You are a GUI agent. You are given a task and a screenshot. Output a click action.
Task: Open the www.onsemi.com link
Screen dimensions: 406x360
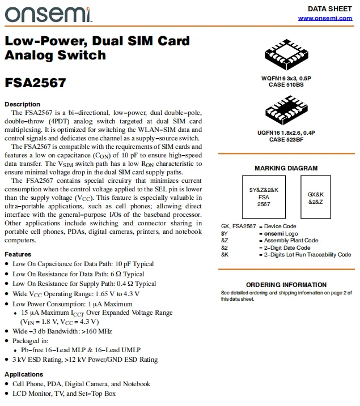pyautogui.click(x=325, y=18)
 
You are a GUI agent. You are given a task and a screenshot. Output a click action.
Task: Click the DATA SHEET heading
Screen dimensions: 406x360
pyautogui.click(x=329, y=8)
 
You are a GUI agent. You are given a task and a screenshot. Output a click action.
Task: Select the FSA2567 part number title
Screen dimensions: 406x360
pyautogui.click(x=35, y=83)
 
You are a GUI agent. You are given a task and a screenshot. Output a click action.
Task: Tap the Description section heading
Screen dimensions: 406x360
pyautogui.click(x=22, y=104)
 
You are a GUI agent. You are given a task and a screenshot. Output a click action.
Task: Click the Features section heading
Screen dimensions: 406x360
pyautogui.click(x=18, y=254)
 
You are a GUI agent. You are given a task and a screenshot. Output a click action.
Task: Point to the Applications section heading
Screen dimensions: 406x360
pyautogui.click(x=24, y=374)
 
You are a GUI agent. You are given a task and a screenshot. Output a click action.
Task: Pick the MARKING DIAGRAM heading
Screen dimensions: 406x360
pyautogui.click(x=286, y=168)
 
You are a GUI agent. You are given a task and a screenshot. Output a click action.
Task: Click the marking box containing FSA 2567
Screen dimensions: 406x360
pyautogui.click(x=264, y=197)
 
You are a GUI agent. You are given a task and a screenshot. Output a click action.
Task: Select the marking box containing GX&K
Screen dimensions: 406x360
pyautogui.click(x=315, y=197)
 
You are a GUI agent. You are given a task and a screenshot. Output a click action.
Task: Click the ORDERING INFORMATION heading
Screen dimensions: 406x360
pyautogui.click(x=286, y=285)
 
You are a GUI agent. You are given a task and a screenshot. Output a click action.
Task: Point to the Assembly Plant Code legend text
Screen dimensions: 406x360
pyautogui.click(x=288, y=240)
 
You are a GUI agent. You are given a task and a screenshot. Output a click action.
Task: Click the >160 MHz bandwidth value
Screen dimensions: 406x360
pyautogui.click(x=96, y=331)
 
